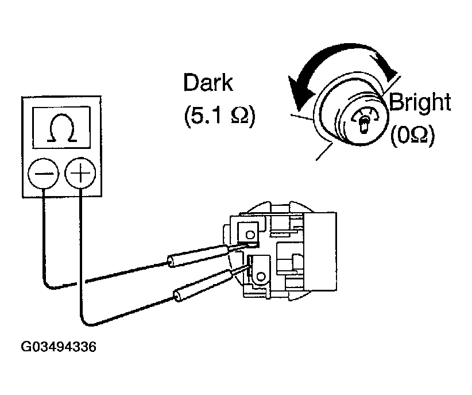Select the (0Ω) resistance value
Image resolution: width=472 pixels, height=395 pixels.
pyautogui.click(x=412, y=135)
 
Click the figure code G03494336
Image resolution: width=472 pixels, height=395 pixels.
pyautogui.click(x=58, y=347)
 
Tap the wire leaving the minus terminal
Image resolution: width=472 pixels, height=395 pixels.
pyautogui.click(x=44, y=241)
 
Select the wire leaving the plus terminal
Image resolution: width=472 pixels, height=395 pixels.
pyautogui.click(x=80, y=259)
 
